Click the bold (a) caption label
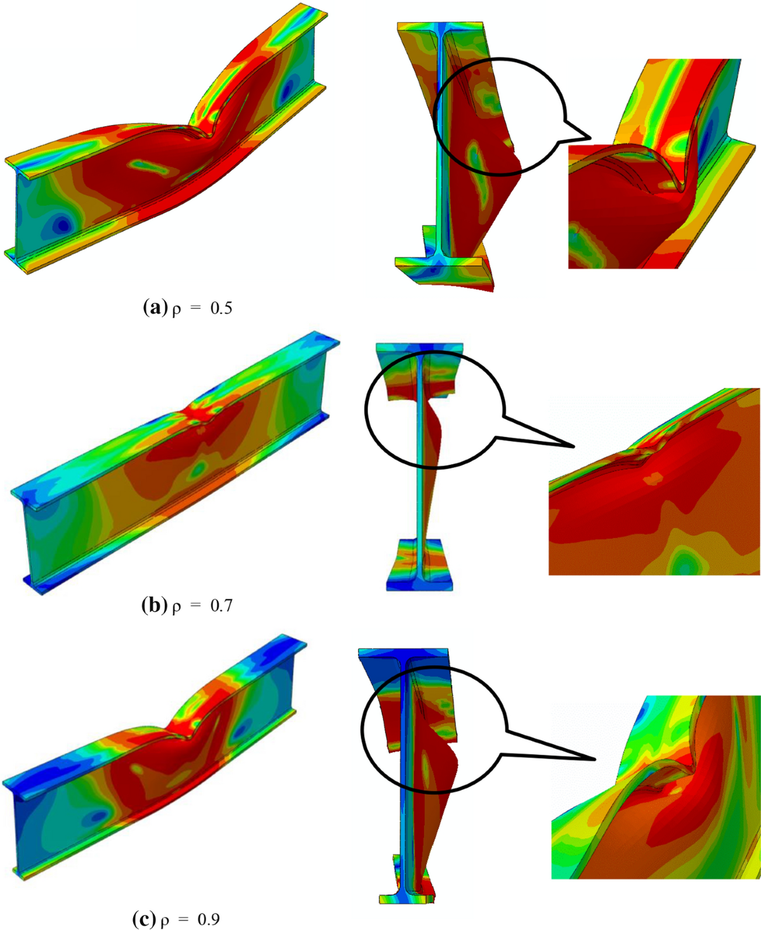(x=155, y=308)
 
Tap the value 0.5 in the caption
(x=221, y=308)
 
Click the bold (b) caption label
(x=154, y=606)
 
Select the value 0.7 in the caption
(x=221, y=606)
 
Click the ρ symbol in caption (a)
(x=176, y=310)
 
